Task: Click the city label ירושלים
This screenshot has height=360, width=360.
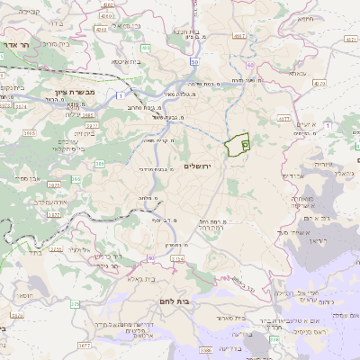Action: pos(200,166)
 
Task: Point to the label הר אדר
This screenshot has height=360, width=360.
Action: pos(17,44)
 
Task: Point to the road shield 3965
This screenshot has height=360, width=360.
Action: pos(30,132)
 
